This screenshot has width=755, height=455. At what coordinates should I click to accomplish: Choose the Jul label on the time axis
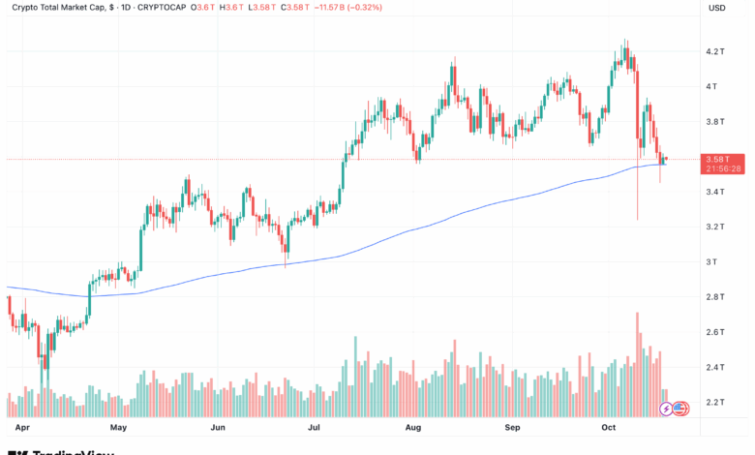pos(314,426)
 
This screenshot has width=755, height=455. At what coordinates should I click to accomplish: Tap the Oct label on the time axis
pos(609,426)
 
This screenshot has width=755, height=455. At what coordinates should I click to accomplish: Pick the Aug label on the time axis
pos(413,426)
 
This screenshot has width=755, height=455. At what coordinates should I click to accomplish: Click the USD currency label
pos(717,8)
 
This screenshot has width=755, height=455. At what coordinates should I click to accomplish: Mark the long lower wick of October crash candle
pos(637,198)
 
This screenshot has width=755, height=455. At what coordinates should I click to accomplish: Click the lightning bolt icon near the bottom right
pos(666,409)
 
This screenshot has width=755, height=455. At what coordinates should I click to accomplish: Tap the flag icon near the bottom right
pos(680,409)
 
